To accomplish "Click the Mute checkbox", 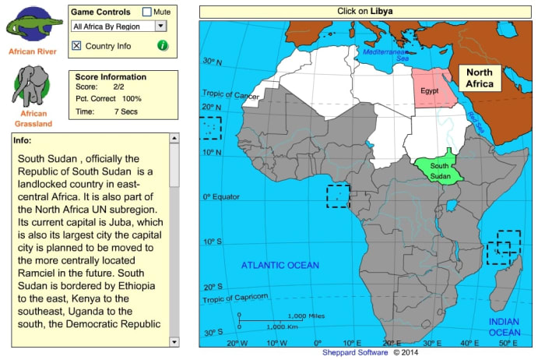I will click(x=146, y=12).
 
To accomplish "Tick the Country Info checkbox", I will click(x=76, y=46).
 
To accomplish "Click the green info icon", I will click(x=163, y=45).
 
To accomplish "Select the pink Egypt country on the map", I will click(x=434, y=87).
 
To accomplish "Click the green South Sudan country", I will click(x=439, y=167).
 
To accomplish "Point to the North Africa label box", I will click(x=479, y=78).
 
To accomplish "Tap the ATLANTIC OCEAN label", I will click(x=280, y=266).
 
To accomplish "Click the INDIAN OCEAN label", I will click(x=505, y=327).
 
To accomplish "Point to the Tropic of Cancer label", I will click(x=231, y=96).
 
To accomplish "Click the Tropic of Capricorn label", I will click(x=235, y=298).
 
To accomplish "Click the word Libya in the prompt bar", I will click(x=381, y=12).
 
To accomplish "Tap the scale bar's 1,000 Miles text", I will click(x=306, y=316).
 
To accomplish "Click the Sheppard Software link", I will click(x=355, y=352).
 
